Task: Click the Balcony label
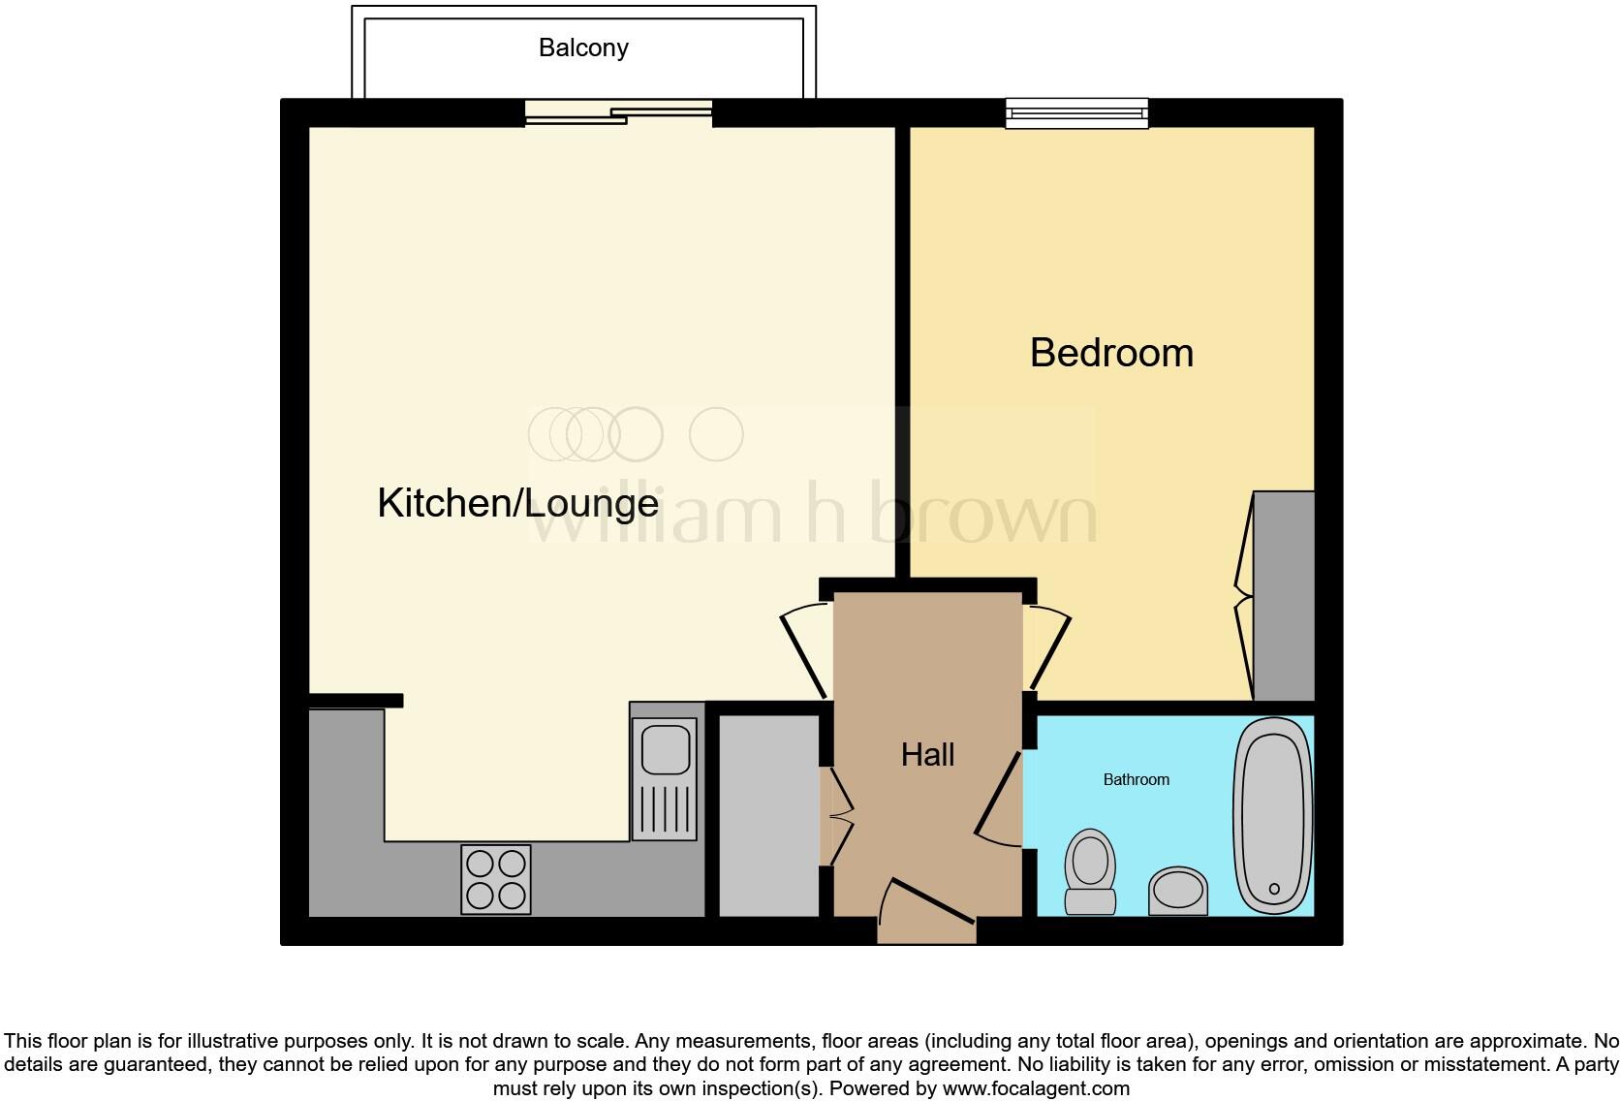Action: coord(583,47)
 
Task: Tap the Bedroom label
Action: coord(1111,353)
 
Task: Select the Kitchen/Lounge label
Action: coord(517,503)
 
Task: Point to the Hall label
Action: coord(927,755)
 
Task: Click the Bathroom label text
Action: coord(1136,779)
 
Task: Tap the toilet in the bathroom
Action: coord(1090,869)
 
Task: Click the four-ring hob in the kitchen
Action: coord(496,879)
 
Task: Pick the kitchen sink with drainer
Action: coord(664,778)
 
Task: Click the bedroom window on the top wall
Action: coord(1076,113)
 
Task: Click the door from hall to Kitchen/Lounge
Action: coord(806,649)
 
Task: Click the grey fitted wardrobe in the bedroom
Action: coord(1284,595)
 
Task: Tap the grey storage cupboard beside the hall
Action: coord(769,814)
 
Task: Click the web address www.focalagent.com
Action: coord(1036,1087)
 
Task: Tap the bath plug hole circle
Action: coord(1274,888)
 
